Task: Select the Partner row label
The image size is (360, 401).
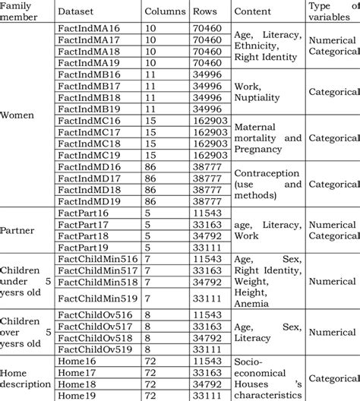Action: click(21, 233)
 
